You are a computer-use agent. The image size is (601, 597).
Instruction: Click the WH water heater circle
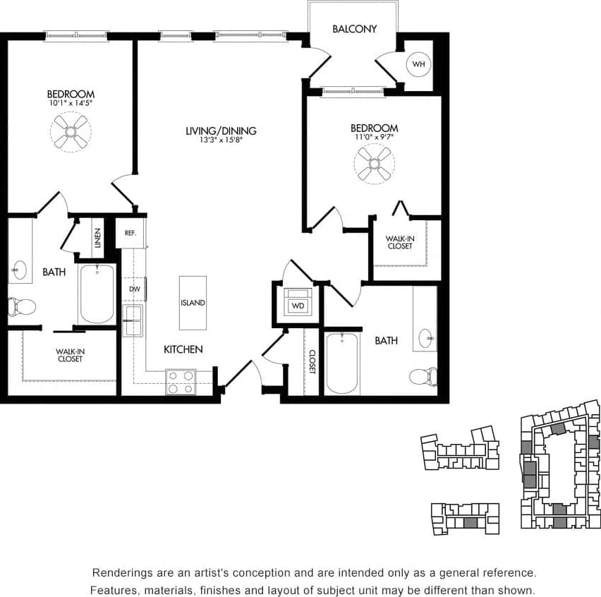[419, 64]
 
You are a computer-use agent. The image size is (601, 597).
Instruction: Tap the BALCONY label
[354, 29]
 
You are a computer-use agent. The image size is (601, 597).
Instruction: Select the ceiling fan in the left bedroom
[71, 132]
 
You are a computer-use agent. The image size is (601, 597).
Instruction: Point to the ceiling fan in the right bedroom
[374, 164]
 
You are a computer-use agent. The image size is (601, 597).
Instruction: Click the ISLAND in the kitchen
[193, 303]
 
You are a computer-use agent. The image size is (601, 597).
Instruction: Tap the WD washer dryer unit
[297, 304]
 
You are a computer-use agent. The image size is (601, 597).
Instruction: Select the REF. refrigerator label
[130, 232]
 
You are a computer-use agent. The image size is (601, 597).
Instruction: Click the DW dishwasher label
[134, 289]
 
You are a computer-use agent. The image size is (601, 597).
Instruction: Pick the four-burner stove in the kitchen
[181, 382]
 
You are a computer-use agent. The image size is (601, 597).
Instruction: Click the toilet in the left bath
[22, 306]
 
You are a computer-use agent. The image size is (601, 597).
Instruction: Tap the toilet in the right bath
[423, 375]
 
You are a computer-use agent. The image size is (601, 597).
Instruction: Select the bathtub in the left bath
[97, 293]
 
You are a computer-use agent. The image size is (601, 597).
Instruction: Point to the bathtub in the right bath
[343, 363]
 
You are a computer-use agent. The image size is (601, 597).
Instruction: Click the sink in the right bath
[427, 338]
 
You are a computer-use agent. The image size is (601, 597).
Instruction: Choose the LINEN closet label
[97, 238]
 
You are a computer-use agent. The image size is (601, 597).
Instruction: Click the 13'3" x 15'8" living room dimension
[221, 140]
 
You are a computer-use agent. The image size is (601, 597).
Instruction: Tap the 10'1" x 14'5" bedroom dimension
[71, 103]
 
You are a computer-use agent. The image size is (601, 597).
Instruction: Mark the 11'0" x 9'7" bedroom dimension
[375, 138]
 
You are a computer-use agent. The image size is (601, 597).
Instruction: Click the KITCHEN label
[183, 349]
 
